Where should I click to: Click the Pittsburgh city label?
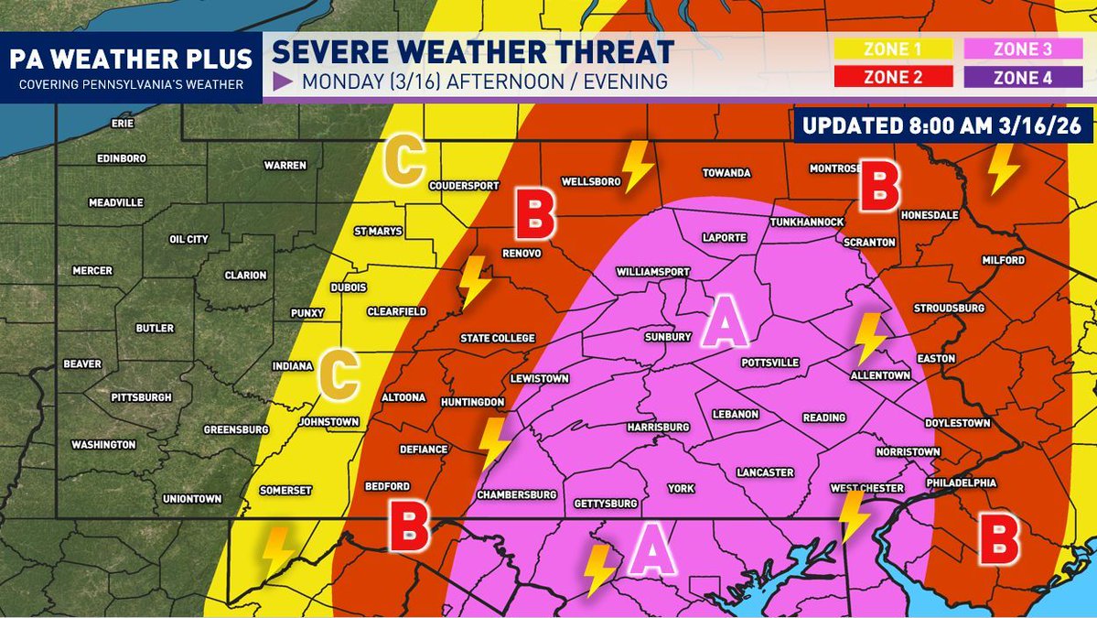(x=141, y=397)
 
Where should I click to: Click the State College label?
(x=497, y=339)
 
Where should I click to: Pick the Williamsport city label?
(x=652, y=272)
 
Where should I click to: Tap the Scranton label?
(x=870, y=244)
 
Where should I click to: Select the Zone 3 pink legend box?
(x=1022, y=50)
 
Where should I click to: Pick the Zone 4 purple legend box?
(x=1022, y=78)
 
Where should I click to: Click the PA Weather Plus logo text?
(x=131, y=60)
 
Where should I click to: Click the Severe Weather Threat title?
(x=473, y=52)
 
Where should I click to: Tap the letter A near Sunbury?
(x=725, y=326)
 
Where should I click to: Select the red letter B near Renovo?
(x=535, y=213)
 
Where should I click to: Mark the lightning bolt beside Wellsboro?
(x=637, y=165)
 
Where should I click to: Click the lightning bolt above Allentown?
(x=868, y=339)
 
